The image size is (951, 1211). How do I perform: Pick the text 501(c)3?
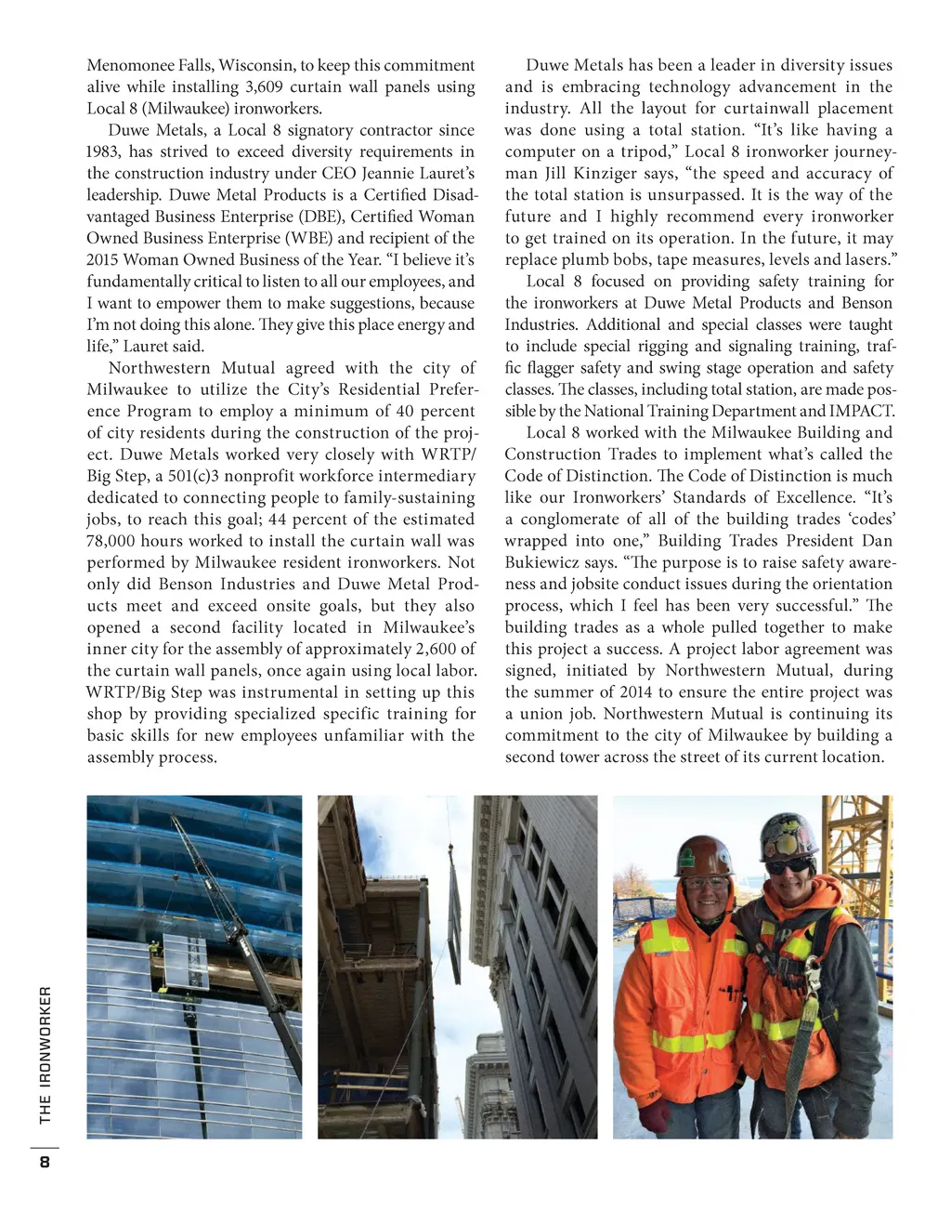[x=197, y=476]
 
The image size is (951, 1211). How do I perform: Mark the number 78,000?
[x=112, y=541]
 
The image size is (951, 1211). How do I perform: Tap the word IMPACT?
[x=865, y=411]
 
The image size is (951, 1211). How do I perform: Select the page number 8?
[x=44, y=1163]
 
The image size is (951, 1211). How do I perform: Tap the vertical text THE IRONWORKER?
[x=46, y=1054]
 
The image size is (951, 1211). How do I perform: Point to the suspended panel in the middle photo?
[x=455, y=920]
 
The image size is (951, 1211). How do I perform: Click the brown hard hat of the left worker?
[x=703, y=855]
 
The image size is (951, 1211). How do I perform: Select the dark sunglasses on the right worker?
[x=788, y=865]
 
